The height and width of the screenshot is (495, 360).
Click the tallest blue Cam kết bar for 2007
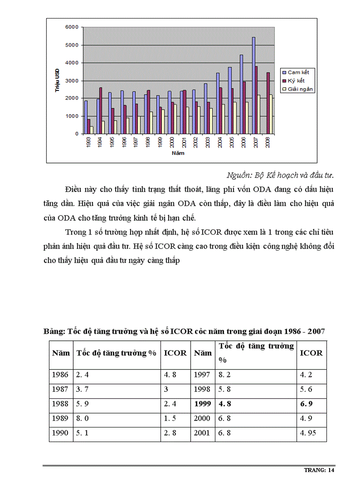pos(253,86)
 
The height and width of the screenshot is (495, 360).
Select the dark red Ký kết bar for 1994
pos(101,110)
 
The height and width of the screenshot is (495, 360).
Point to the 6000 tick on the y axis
pos(71,27)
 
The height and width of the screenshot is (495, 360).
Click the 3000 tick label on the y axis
pos(71,81)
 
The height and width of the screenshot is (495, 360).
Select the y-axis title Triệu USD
pos(57,81)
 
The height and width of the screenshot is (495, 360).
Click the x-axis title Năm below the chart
pos(178,153)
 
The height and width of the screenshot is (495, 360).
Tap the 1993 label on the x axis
pos(89,142)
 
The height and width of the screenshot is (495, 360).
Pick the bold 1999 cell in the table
pos(202,403)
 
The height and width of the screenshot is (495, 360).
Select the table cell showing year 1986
pos(60,375)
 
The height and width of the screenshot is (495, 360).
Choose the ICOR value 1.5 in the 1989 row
pos(170,418)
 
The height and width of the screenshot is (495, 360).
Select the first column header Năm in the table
pos(60,353)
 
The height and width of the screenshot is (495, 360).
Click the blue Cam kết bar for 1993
pos(86,117)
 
